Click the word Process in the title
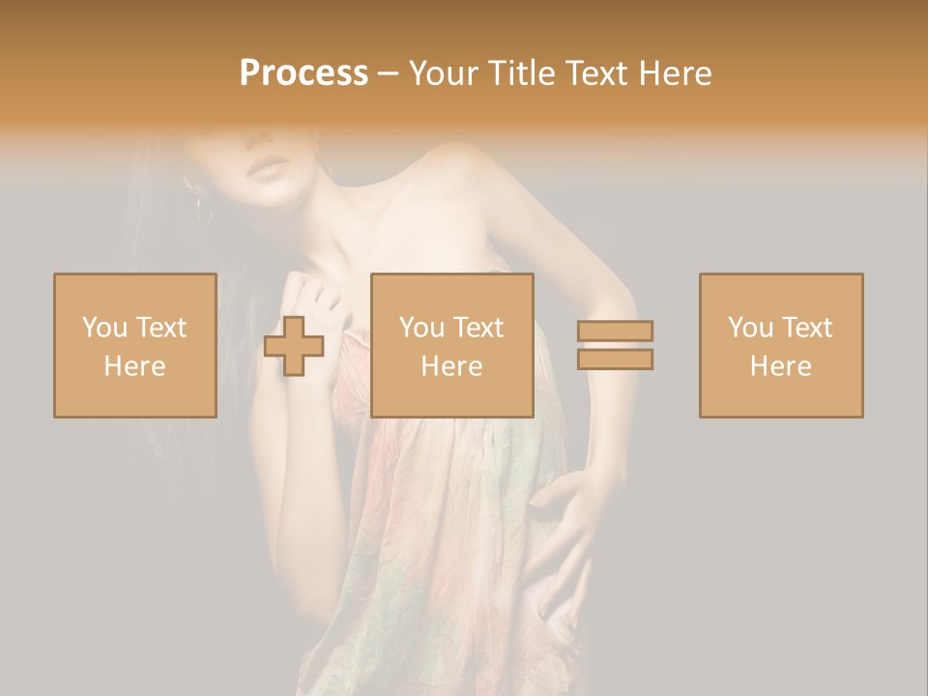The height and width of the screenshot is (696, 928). coord(304,73)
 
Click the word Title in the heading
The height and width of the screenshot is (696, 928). coord(521,73)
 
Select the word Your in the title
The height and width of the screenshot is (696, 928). coord(444,73)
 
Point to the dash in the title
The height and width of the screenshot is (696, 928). coord(389,74)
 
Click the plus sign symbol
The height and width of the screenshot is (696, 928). coord(294,346)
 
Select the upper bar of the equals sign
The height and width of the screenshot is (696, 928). coord(615,331)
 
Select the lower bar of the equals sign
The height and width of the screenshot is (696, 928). coord(615,360)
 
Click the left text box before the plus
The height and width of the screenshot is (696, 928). coord(135,345)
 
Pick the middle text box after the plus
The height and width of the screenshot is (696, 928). coord(452,345)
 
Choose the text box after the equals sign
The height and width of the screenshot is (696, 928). coord(781,345)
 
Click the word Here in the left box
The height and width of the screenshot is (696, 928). coord(134,366)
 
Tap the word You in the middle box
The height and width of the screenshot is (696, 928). coord(421,328)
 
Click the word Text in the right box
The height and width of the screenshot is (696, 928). coord(806,328)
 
